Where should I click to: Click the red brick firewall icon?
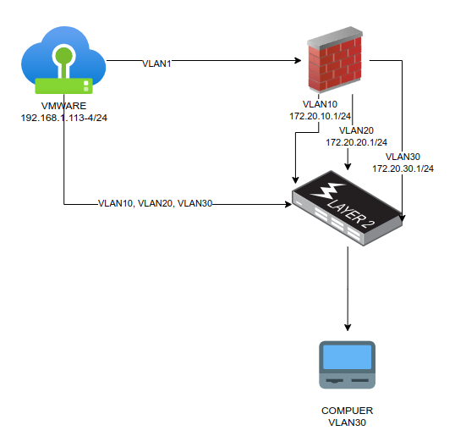(335, 59)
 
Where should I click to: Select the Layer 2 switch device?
(347, 208)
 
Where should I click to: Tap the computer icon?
(348, 365)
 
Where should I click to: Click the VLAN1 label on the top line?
(156, 63)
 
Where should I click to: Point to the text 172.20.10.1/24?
(320, 116)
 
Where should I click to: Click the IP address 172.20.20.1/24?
(356, 142)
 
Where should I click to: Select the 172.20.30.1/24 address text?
(403, 168)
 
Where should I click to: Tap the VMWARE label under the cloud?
(63, 106)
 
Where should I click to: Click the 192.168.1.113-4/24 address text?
(64, 118)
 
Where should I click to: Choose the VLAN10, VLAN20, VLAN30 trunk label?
(156, 203)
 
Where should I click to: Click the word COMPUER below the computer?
(347, 411)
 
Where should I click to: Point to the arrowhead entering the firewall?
(298, 60)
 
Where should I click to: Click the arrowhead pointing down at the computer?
(348, 328)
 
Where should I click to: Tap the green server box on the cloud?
(63, 86)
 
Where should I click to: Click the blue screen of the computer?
(348, 357)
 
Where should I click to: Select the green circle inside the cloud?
(63, 56)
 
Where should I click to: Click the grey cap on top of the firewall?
(335, 37)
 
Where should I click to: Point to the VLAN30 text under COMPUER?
(347, 422)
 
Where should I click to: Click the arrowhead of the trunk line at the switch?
(288, 205)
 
